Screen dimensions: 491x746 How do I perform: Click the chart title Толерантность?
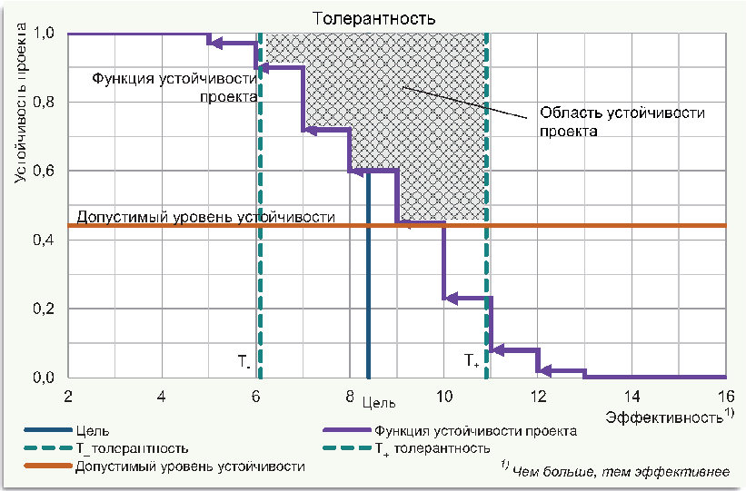click(x=374, y=17)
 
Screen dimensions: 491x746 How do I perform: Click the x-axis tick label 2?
click(x=68, y=396)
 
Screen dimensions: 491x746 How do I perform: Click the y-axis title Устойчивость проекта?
click(x=20, y=103)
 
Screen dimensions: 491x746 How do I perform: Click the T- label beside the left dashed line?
click(x=244, y=361)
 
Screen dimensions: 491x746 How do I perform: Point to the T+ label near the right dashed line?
click(x=472, y=361)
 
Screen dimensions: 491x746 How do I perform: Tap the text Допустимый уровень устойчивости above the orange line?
click(x=206, y=217)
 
